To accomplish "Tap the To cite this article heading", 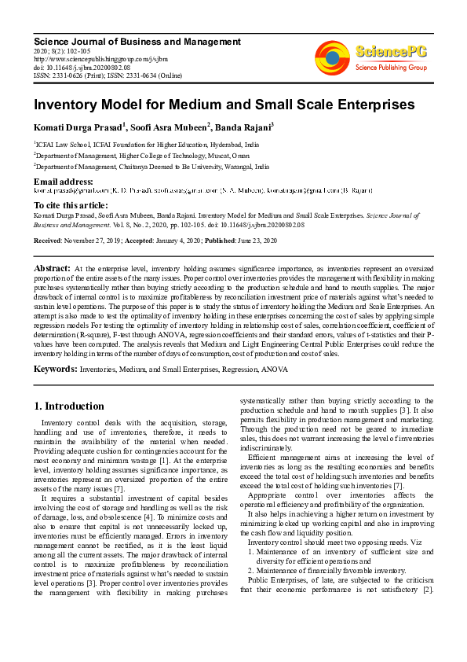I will click(x=71, y=204).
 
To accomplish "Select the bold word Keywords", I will click(x=56, y=369).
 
